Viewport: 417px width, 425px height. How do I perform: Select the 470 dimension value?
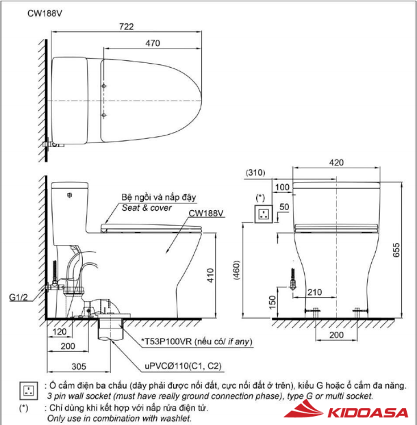[x=153, y=43]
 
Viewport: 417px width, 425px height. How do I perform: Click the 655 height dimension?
[x=397, y=250]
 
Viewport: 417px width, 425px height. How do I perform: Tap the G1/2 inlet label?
[x=19, y=298]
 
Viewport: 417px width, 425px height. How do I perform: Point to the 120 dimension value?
[x=59, y=331]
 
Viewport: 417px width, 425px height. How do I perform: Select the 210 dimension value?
[x=315, y=293]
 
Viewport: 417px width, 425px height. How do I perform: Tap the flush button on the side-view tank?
[x=71, y=195]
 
